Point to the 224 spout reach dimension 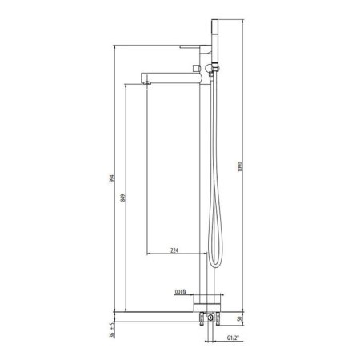[x=174, y=251]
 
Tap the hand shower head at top [x=214, y=32]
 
